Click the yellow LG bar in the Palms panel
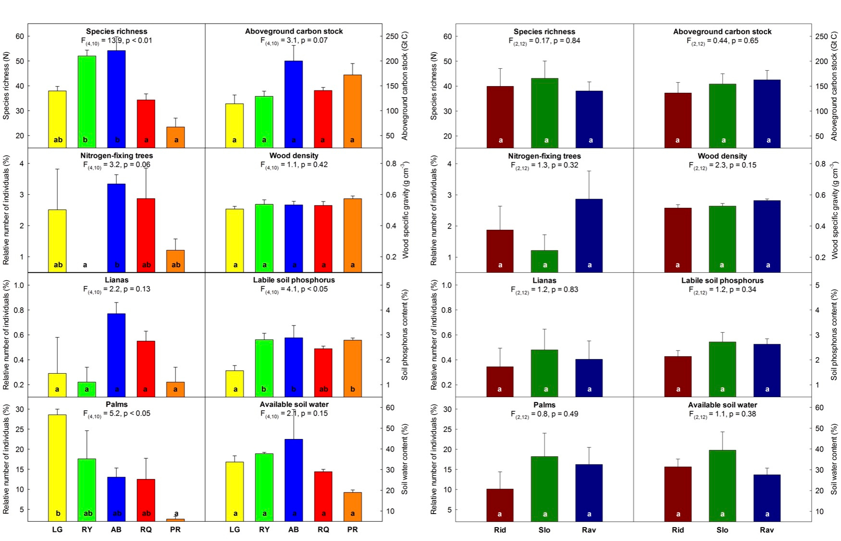click(57, 466)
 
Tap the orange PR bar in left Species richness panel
click(175, 137)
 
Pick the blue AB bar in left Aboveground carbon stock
click(294, 103)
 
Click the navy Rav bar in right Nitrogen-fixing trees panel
click(589, 235)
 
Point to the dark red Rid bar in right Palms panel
click(500, 504)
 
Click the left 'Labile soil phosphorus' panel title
click(294, 280)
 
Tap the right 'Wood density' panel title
click(722, 156)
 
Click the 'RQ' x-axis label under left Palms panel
click(146, 529)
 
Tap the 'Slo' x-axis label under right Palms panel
click(544, 530)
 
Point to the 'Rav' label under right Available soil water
click(767, 530)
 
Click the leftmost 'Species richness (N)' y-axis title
click(6, 86)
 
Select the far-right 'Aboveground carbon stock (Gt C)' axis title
click(835, 86)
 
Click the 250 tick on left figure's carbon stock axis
click(392, 36)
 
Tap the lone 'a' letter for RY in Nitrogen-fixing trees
click(85, 264)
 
